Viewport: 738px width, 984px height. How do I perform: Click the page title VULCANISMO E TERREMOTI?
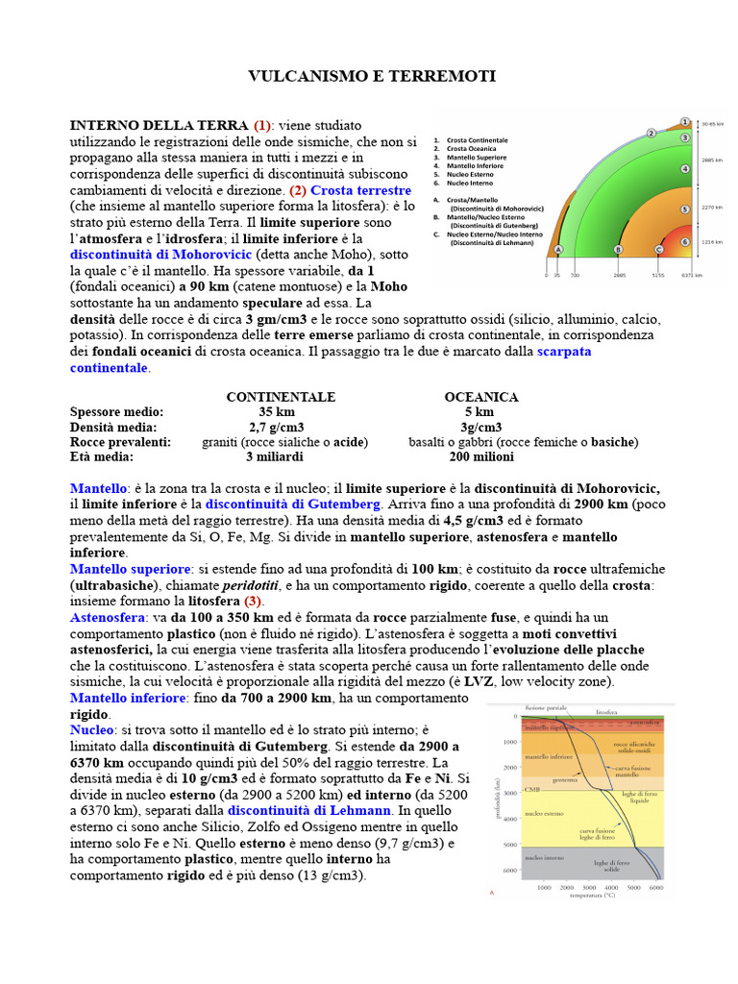click(372, 76)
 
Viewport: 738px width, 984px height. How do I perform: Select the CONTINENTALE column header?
click(281, 397)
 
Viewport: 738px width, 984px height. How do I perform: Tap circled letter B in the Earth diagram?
click(618, 249)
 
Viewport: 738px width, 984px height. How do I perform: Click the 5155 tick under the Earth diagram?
click(658, 275)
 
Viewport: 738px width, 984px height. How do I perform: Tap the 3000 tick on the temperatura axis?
click(588, 889)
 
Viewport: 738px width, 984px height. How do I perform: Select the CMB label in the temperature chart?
click(530, 790)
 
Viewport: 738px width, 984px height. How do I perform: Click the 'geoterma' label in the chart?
click(564, 780)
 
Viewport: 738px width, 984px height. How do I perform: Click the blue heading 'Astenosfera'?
click(105, 617)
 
